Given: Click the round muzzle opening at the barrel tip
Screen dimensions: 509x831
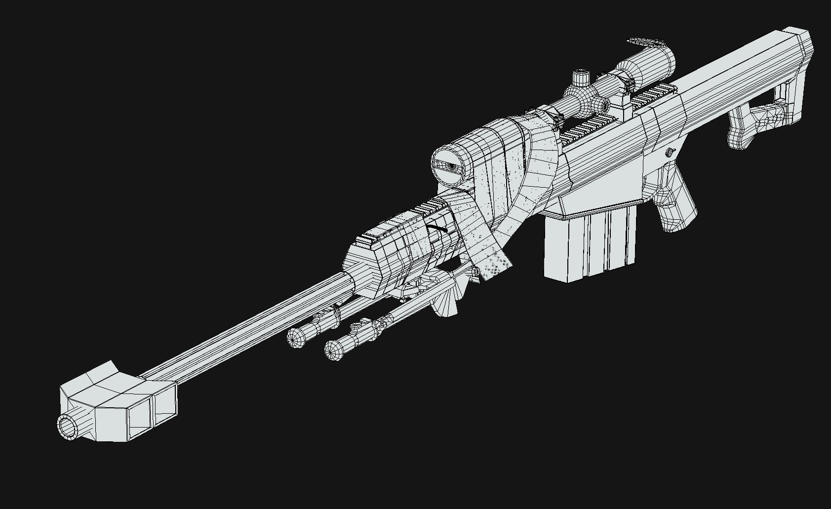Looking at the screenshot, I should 67,427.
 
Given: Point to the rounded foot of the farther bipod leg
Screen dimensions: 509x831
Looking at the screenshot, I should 296,338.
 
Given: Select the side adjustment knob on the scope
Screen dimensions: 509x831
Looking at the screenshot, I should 601,105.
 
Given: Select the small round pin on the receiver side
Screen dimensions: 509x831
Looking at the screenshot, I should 670,152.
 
